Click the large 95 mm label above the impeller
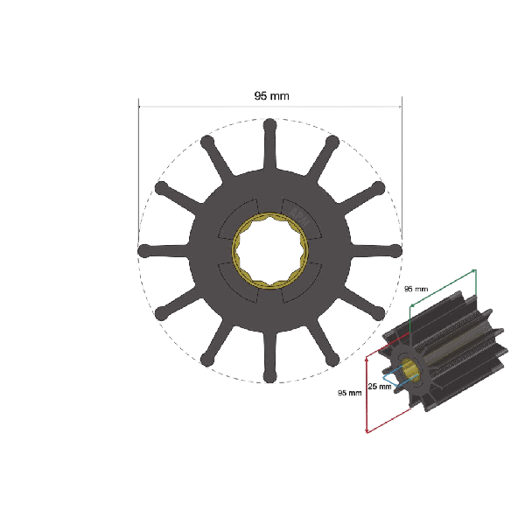[x=271, y=96]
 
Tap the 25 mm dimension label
[x=380, y=387]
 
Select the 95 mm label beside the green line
[x=416, y=289]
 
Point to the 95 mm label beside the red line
[x=349, y=393]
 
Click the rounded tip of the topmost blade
[x=269, y=125]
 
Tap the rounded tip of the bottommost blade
[x=269, y=375]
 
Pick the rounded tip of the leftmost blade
[x=144, y=251]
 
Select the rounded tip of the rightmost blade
[x=395, y=251]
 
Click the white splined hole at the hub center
[x=269, y=251]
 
